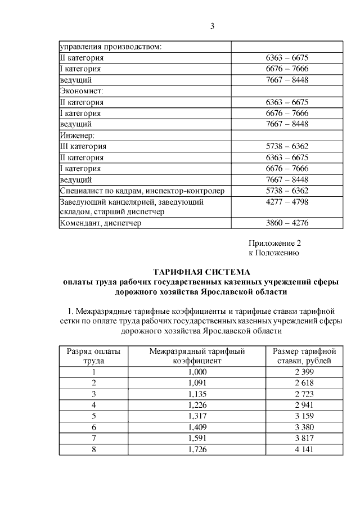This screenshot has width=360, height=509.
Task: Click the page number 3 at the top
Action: click(x=213, y=25)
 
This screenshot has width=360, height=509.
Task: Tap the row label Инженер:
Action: click(x=77, y=135)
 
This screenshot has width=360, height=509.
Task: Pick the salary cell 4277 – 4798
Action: click(x=287, y=201)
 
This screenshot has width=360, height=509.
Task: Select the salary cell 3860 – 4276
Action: click(x=287, y=223)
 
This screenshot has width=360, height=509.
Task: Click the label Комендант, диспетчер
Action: click(x=101, y=223)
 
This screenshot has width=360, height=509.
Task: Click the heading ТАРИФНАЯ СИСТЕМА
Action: click(x=201, y=272)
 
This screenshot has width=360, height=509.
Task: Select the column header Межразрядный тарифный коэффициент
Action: click(x=196, y=356)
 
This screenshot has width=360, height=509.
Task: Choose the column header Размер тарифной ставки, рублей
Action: click(x=304, y=356)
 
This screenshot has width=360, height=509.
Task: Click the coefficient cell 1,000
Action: click(x=197, y=372)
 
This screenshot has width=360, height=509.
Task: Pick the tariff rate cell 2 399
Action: click(x=304, y=372)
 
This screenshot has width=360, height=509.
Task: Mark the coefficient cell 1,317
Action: click(x=197, y=416)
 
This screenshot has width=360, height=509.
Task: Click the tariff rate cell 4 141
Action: click(x=304, y=449)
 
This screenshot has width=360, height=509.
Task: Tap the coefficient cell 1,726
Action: click(x=197, y=449)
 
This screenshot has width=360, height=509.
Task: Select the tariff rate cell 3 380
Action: click(x=304, y=427)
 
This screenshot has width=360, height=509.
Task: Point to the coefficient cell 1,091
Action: click(x=197, y=383)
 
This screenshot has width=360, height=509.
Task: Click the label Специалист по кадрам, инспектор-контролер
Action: click(x=142, y=191)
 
